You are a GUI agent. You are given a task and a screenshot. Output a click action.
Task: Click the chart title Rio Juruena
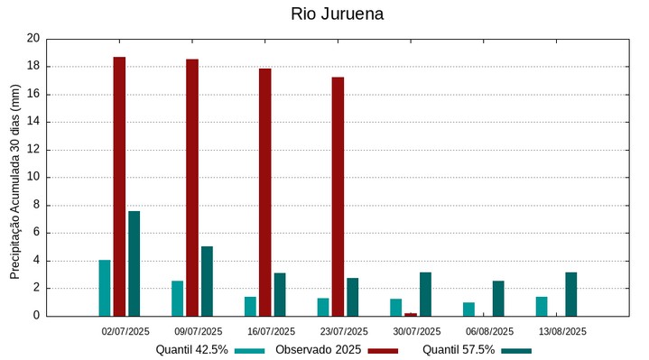(x=337, y=14)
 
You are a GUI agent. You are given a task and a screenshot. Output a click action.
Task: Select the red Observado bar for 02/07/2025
(x=119, y=186)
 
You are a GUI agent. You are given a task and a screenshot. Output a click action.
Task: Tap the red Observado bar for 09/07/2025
(x=192, y=187)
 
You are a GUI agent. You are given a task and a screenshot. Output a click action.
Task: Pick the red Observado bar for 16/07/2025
(x=265, y=191)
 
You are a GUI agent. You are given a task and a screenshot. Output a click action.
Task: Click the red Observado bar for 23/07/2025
(x=338, y=196)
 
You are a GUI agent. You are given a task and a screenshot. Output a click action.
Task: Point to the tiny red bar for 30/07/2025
(x=411, y=314)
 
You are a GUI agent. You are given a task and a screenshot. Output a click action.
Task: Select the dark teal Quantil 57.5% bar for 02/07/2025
(x=134, y=263)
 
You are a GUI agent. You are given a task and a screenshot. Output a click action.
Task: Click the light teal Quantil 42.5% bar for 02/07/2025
(x=105, y=288)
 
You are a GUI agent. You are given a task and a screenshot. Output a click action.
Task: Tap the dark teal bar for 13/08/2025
(x=571, y=294)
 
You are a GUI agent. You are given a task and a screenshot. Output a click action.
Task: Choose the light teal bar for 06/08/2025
(x=468, y=309)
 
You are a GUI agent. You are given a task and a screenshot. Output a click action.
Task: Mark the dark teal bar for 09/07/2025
(x=207, y=281)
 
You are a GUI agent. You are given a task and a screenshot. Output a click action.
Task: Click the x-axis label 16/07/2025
(x=271, y=331)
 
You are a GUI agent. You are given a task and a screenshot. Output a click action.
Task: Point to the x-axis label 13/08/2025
(x=562, y=331)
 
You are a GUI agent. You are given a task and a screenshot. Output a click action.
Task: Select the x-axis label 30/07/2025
(x=417, y=331)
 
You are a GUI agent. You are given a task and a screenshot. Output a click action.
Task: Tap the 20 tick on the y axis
(x=33, y=39)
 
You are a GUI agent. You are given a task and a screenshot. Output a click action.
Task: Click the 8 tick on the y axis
(x=37, y=206)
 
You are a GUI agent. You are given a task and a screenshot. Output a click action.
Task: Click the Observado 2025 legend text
(x=318, y=349)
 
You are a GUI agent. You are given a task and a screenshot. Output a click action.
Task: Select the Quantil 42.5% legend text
(x=191, y=349)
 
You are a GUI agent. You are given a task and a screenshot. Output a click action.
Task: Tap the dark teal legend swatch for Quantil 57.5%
(x=516, y=350)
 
